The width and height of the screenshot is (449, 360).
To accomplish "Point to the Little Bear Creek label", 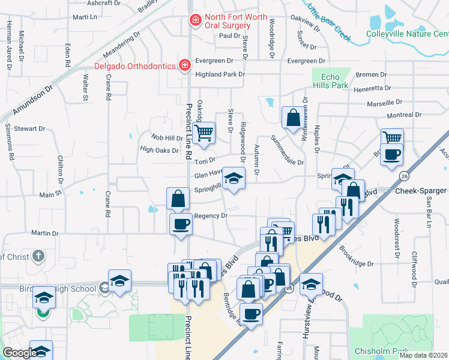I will click(328, 22).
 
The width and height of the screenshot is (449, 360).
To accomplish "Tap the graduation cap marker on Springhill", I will click(234, 177).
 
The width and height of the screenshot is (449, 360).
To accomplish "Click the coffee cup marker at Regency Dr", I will click(181, 224).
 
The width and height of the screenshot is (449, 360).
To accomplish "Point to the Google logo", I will click(19, 353).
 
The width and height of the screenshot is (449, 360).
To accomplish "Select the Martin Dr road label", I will click(41, 233).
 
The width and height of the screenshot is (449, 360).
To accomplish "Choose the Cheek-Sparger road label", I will click(421, 191).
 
